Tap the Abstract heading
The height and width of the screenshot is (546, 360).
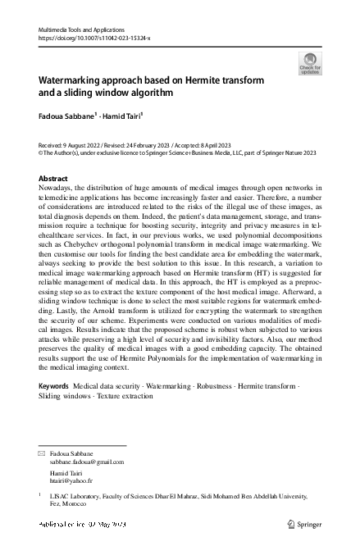tap(53, 178)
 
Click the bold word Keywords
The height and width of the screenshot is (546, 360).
tap(54, 384)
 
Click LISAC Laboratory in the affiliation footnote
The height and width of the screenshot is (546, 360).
tap(78, 496)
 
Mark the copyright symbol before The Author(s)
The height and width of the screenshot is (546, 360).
tap(41, 152)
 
